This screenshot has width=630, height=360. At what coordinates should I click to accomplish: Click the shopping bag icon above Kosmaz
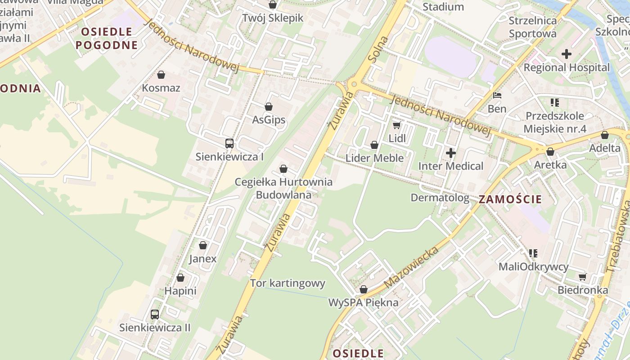161,75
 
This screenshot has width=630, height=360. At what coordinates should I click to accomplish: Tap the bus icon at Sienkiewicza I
229,144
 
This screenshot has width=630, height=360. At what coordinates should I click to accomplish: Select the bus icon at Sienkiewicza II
155,315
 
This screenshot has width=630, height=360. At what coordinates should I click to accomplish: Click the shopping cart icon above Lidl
396,125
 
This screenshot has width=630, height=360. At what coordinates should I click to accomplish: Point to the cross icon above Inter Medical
450,153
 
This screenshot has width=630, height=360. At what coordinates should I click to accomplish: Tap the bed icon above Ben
497,95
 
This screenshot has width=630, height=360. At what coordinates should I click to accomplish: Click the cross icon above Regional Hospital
567,54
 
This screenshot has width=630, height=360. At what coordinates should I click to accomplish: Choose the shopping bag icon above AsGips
269,107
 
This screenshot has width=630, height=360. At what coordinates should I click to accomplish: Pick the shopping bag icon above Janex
203,245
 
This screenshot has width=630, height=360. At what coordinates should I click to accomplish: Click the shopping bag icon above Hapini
180,278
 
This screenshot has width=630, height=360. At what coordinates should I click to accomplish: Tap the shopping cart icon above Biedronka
583,277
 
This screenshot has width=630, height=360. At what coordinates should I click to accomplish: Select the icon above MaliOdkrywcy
533,253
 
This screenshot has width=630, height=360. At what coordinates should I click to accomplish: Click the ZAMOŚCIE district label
510,199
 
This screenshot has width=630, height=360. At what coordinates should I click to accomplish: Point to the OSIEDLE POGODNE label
106,38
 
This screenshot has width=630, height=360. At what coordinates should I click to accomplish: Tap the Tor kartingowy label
288,283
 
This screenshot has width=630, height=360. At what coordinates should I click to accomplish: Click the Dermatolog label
440,198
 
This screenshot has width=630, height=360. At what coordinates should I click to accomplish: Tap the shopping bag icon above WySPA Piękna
364,289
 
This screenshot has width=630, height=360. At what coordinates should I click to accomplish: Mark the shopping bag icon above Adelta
605,135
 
